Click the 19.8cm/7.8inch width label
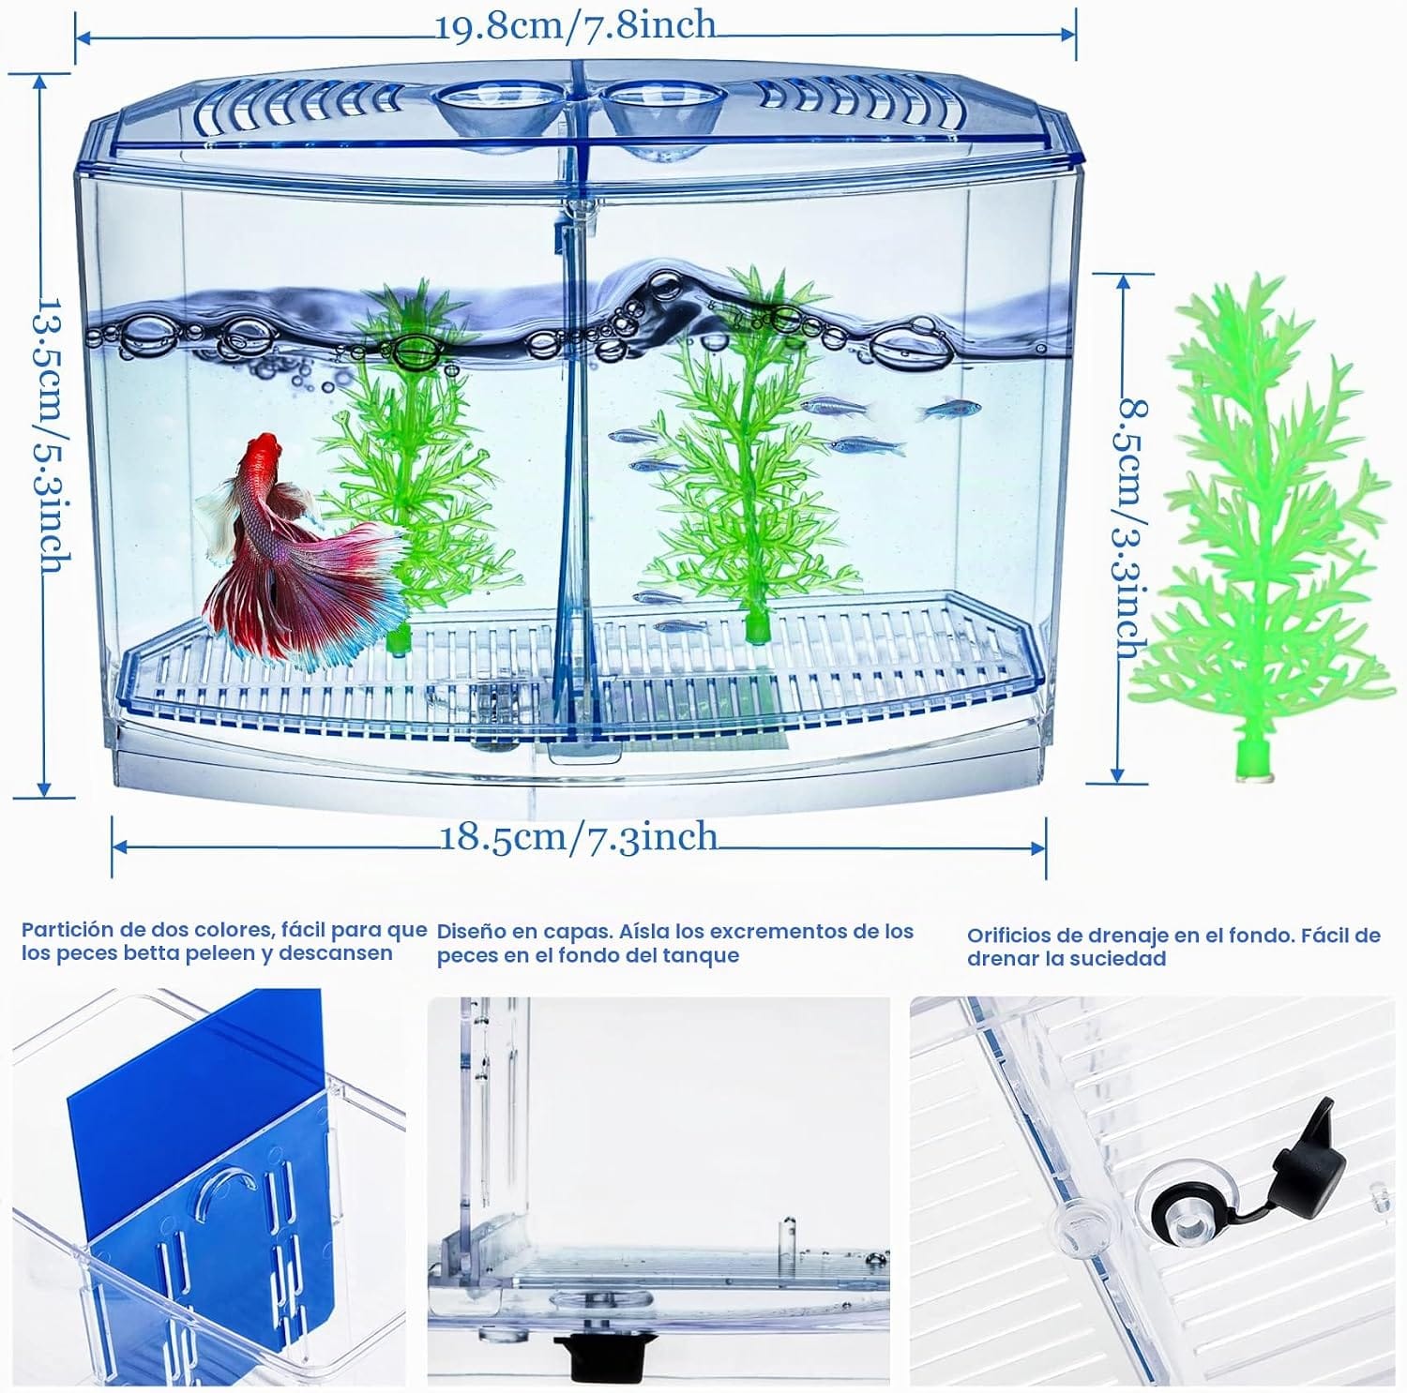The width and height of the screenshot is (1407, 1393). (576, 25)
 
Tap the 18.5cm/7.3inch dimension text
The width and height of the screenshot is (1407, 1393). (580, 836)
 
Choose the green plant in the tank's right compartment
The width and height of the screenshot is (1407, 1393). (750, 450)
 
